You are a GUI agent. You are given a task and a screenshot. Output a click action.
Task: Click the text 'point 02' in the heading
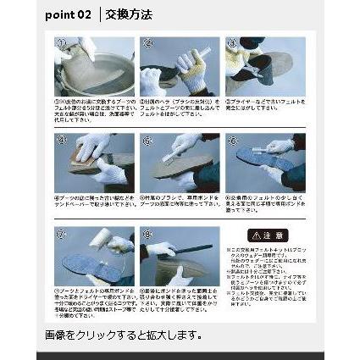68,15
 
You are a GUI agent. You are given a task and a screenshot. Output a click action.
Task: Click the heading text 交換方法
129,15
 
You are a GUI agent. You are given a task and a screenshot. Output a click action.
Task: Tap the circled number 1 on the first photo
61,42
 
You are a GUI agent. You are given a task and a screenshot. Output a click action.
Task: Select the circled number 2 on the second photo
147,42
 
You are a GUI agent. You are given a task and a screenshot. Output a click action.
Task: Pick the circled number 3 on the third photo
231,42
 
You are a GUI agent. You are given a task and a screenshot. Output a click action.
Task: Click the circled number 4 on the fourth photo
61,138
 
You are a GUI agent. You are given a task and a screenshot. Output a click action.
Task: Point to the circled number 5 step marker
147,138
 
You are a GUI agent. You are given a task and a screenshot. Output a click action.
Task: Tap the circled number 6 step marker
231,138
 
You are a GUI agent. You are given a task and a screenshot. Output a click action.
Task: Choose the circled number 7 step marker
61,232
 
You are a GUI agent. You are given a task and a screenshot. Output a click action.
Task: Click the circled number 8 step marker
147,232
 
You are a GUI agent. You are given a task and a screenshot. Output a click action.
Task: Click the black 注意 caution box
266,235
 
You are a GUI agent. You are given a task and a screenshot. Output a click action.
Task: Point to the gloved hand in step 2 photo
188,64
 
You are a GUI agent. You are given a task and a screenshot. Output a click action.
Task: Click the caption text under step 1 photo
94,109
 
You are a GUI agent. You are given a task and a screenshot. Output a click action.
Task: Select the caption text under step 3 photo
265,104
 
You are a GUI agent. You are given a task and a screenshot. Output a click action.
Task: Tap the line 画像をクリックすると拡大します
123,335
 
